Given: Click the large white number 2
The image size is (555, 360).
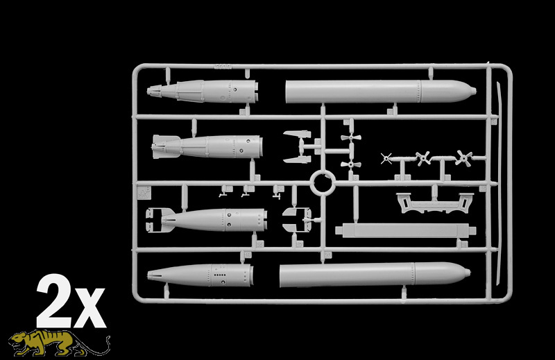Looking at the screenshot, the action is (53, 301).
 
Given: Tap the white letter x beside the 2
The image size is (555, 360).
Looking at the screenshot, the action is (89, 308).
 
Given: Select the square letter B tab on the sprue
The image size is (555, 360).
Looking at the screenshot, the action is (144, 193).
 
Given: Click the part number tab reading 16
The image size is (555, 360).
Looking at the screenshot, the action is (259, 245).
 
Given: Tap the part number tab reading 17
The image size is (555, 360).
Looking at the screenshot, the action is (300, 245).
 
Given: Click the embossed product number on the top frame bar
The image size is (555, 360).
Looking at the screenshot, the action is (223, 67).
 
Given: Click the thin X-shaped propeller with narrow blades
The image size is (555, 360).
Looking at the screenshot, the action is (386, 159).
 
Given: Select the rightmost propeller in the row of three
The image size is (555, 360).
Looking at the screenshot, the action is (463, 158).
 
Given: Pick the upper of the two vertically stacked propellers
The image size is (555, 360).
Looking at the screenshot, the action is (351, 137).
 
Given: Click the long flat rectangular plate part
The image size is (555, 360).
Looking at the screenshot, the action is (406, 231).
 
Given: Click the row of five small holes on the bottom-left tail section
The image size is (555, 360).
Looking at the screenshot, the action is (220, 275).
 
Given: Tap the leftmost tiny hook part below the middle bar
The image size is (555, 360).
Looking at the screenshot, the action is (223, 194).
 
